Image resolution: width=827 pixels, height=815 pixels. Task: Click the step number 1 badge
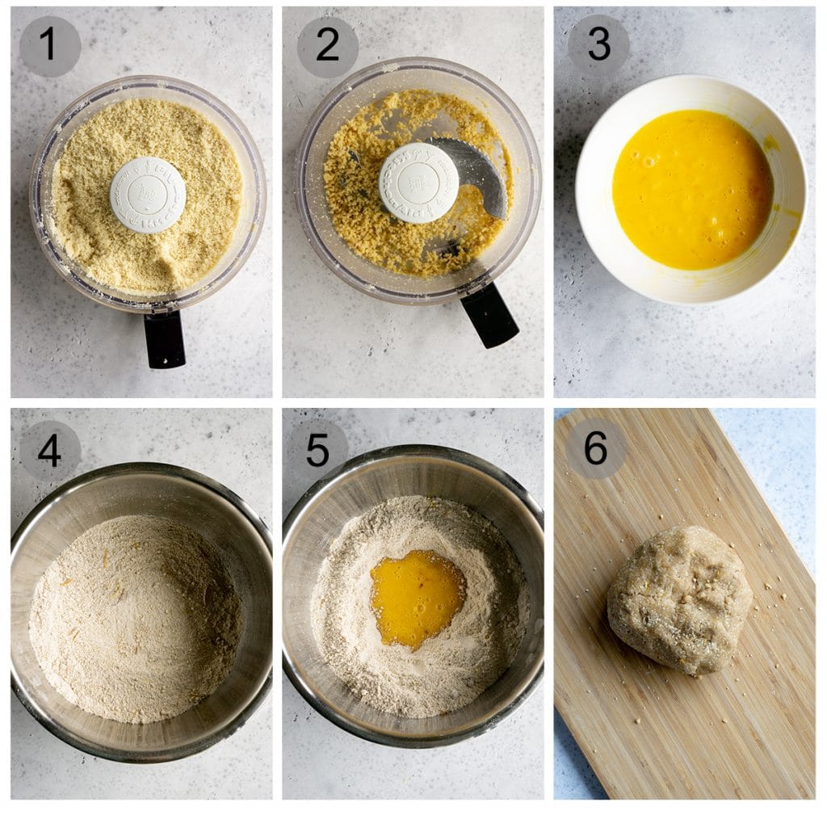pyautogui.click(x=49, y=46)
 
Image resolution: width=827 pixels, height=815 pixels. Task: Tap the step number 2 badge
pyautogui.click(x=327, y=46)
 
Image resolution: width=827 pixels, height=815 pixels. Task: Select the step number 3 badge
pyautogui.click(x=598, y=45)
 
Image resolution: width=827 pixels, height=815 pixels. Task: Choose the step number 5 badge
pyautogui.click(x=317, y=449)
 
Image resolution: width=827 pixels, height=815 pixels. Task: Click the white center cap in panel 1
pyautogui.click(x=147, y=195)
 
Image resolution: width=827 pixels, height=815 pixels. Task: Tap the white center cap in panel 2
pyautogui.click(x=418, y=183)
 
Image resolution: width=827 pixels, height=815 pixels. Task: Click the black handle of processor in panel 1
pyautogui.click(x=165, y=339)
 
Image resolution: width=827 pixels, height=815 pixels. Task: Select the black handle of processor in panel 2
pyautogui.click(x=489, y=314)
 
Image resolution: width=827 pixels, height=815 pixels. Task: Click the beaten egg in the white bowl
pyautogui.click(x=691, y=189)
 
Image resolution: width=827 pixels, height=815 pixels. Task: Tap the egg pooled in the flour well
pyautogui.click(x=417, y=597)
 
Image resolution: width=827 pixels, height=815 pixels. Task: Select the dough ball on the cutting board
pyautogui.click(x=679, y=599)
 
